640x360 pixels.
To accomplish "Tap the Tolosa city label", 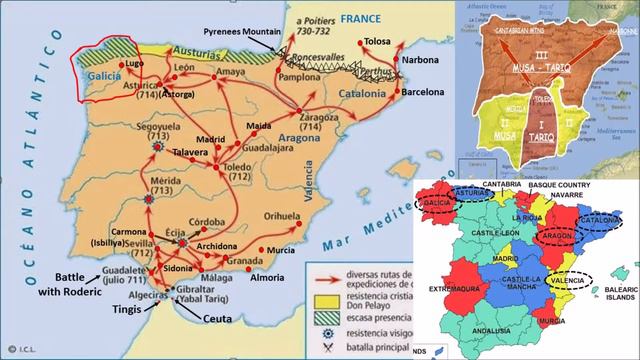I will (377, 41).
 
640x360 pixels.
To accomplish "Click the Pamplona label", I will (299, 76).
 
